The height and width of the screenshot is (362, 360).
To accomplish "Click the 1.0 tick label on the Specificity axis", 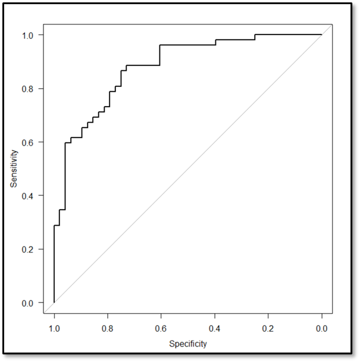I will click(x=54, y=327).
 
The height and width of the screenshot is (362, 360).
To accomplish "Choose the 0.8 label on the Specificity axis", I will click(x=108, y=327).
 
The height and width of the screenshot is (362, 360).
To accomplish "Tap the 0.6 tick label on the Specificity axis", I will click(x=161, y=327).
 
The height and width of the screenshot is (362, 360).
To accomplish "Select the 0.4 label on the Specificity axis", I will click(x=215, y=327).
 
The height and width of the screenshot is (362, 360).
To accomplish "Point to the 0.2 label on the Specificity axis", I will click(x=268, y=327).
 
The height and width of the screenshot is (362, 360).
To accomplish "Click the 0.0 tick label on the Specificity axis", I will click(x=322, y=327).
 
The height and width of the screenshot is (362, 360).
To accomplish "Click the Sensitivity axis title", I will click(x=14, y=168).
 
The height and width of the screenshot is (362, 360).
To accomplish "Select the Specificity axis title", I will click(x=188, y=344).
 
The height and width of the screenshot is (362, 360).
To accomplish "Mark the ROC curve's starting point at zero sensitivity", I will click(x=54, y=302).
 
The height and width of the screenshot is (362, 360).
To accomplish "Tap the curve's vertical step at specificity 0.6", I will click(x=160, y=55).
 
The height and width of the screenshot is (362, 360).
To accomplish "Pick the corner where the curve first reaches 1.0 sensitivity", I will click(x=255, y=35).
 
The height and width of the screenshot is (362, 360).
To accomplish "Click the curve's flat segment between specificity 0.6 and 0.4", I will click(x=187, y=45).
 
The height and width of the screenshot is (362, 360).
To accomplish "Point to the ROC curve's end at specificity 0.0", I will click(x=322, y=35).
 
